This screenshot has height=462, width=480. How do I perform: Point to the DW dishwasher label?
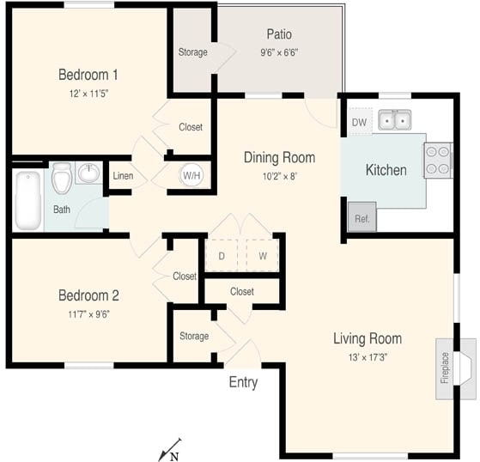click(x=359, y=122)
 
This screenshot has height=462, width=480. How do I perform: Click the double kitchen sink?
click(x=396, y=121)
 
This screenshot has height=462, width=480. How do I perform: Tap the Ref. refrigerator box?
click(x=362, y=218)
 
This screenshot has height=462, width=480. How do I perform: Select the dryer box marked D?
click(x=222, y=255)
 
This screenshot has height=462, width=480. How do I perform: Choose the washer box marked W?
click(x=263, y=255)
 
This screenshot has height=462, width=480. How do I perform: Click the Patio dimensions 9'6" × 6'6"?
click(x=278, y=52)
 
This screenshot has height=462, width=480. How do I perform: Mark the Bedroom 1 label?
click(x=88, y=73)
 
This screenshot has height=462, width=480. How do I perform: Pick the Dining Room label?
click(x=279, y=157)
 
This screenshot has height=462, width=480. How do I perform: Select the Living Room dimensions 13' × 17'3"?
click(x=367, y=356)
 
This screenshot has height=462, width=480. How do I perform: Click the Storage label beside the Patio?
click(x=192, y=52)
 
